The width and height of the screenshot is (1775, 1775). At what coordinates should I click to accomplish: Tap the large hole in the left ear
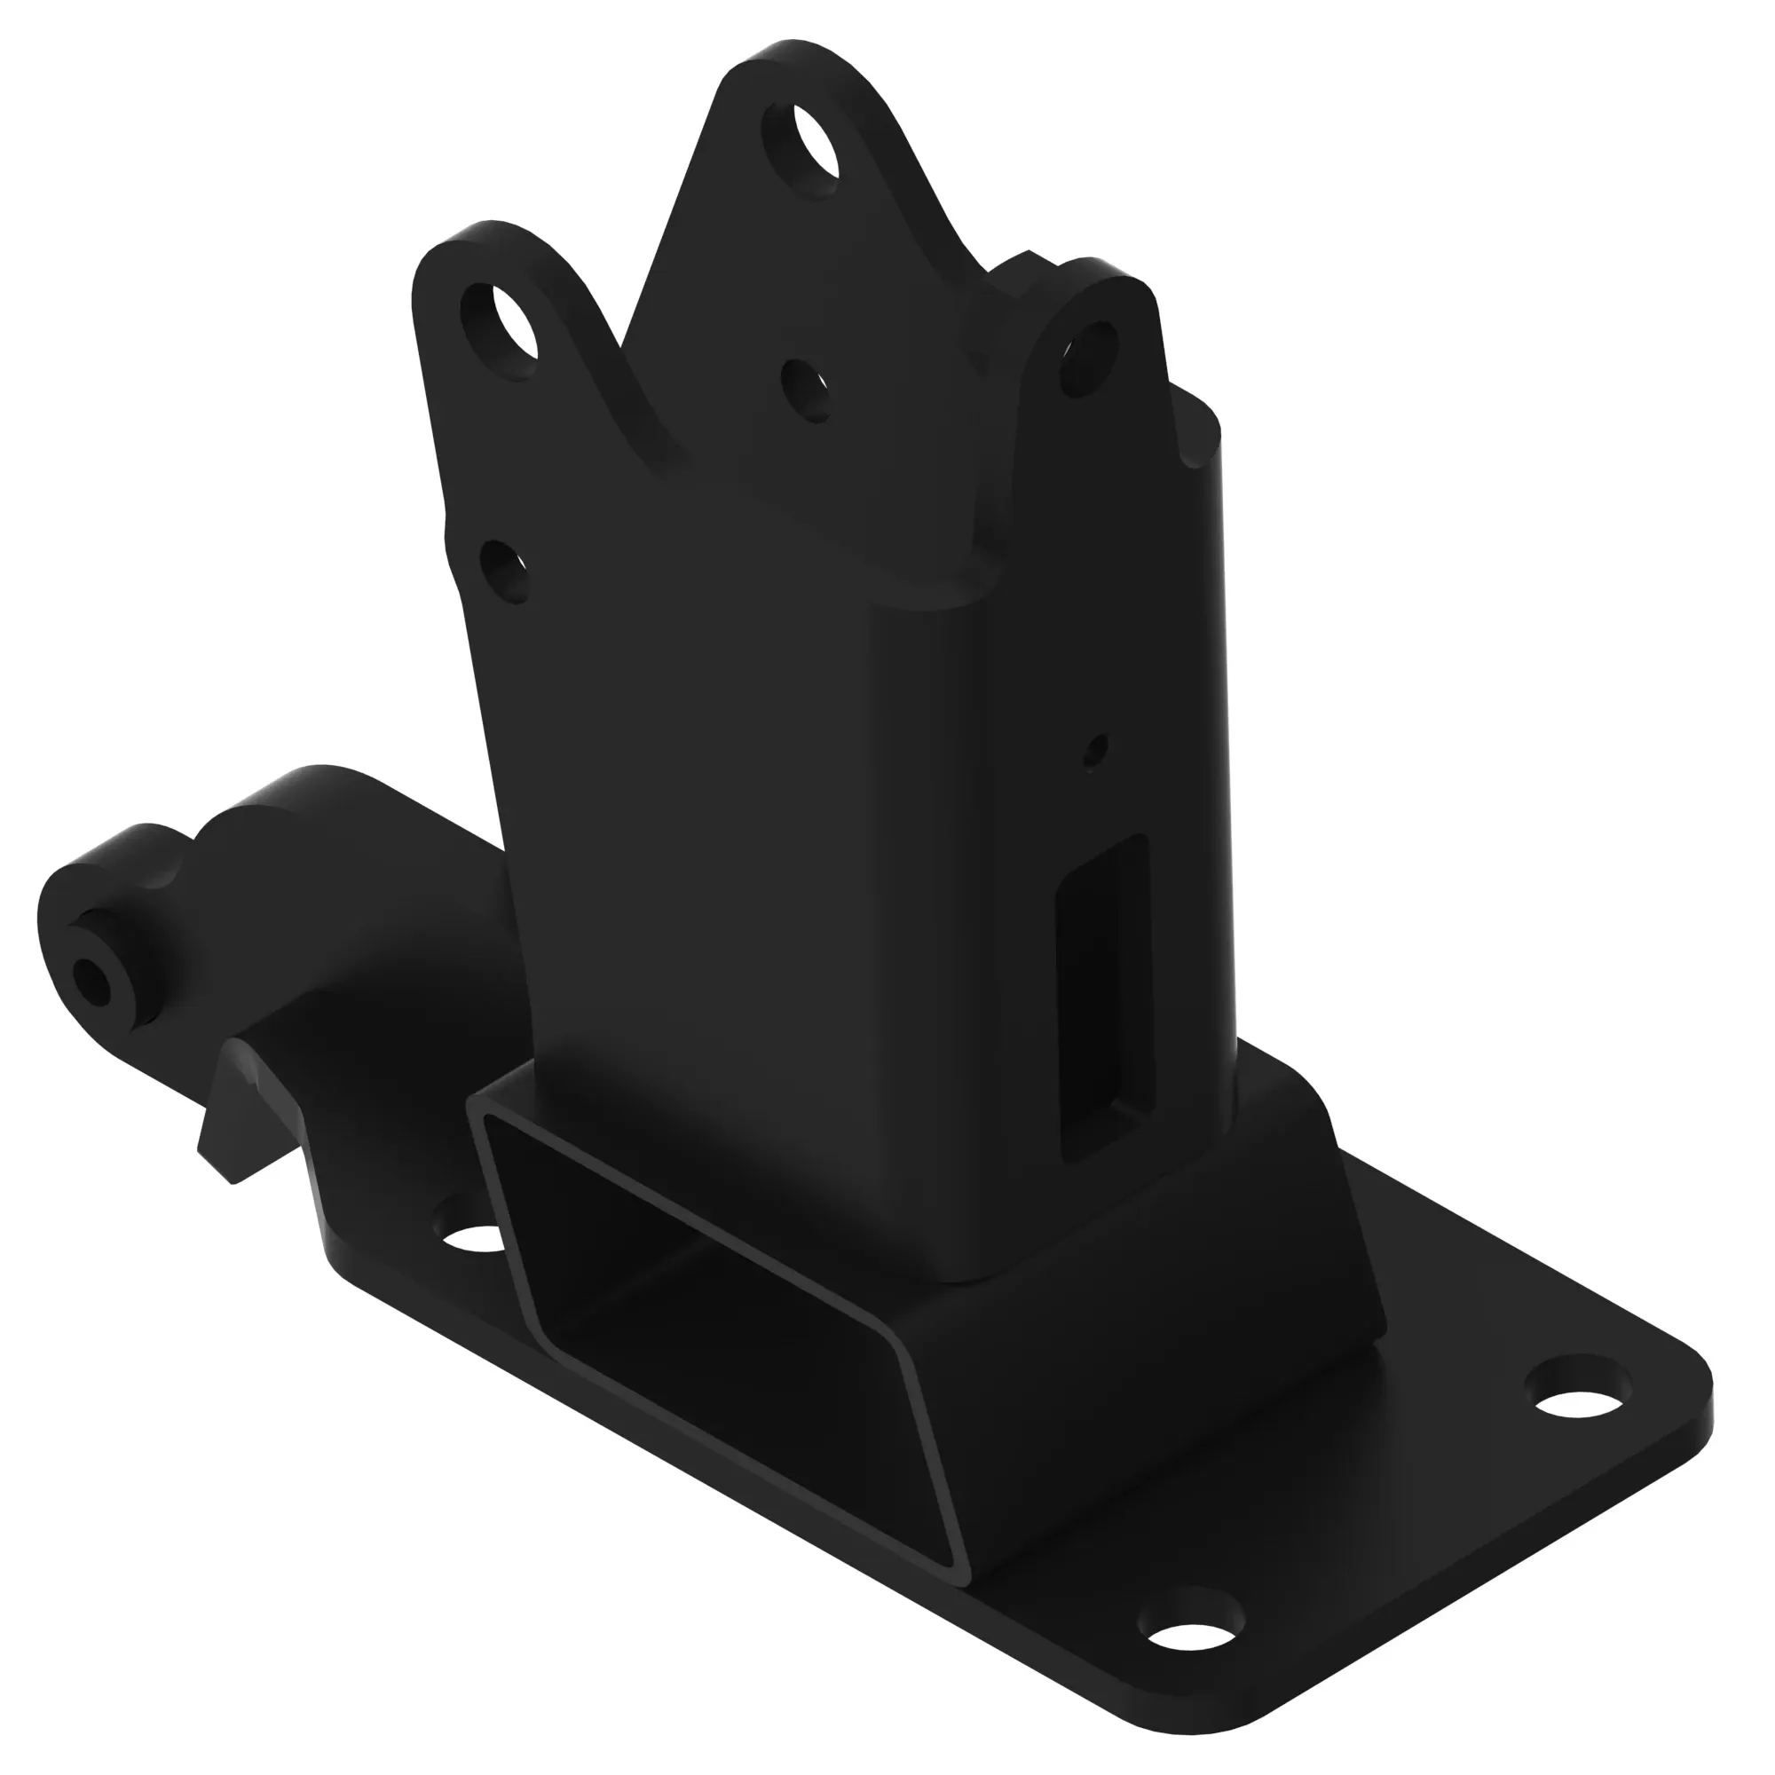pyautogui.click(x=501, y=331)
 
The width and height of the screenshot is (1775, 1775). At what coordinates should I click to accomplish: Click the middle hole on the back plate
pyautogui.click(x=806, y=390)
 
